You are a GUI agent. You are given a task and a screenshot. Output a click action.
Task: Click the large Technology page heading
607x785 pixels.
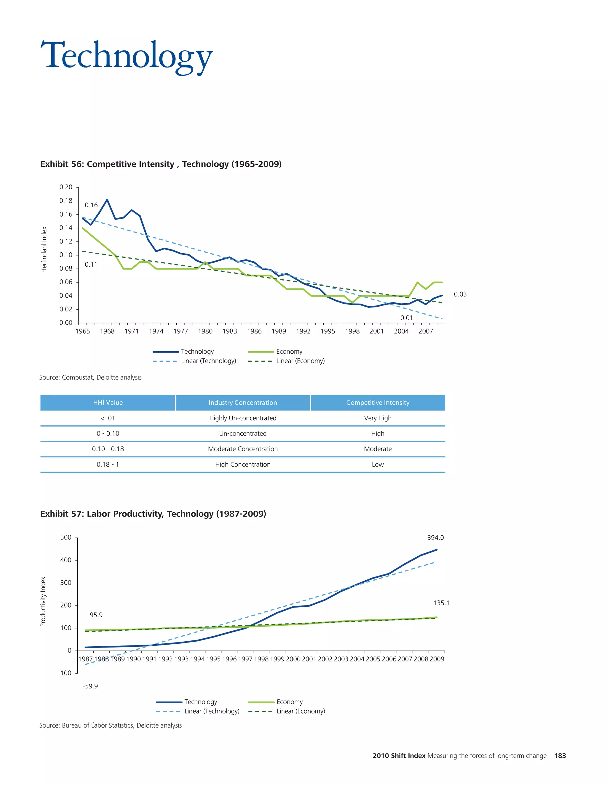pos(127,56)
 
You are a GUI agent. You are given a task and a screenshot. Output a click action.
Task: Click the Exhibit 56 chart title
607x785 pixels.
pos(161,164)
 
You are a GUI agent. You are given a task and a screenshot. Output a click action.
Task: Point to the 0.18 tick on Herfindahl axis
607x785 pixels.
pos(66,201)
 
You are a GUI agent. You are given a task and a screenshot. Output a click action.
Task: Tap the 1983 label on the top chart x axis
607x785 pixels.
pos(229,331)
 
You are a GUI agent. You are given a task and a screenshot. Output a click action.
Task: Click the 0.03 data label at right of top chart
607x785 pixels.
pos(460,294)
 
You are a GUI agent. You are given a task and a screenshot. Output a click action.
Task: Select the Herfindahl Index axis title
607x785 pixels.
pos(44,249)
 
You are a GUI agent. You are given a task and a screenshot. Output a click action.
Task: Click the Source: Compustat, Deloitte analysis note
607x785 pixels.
pos(90,377)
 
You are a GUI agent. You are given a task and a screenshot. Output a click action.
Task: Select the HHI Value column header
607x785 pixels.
pos(108,403)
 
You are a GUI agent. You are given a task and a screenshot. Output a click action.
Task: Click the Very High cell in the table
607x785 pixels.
pos(378,418)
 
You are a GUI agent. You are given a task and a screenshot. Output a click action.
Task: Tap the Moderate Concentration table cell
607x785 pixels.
pos(243,449)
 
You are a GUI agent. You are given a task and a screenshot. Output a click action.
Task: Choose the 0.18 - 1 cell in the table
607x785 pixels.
pos(108,464)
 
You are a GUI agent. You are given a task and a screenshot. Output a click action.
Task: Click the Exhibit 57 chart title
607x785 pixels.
pos(153,514)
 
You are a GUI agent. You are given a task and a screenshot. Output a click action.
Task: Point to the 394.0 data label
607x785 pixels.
pos(435,538)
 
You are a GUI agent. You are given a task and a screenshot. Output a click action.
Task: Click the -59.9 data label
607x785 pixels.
pos(90,686)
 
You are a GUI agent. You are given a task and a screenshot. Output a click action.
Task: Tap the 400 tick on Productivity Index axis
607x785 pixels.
pos(66,560)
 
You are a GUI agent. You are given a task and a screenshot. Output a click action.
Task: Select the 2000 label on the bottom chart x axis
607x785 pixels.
pos(293,659)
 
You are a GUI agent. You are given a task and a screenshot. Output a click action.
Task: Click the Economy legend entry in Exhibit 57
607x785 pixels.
pos(290,702)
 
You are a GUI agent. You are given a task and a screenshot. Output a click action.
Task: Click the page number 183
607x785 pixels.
pos(560,756)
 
